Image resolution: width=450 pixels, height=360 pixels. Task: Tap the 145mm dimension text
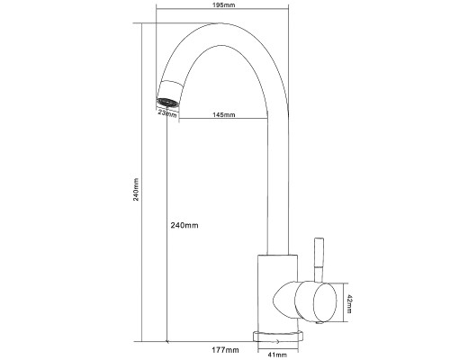point(224,115)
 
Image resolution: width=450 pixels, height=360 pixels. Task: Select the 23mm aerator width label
point(167,113)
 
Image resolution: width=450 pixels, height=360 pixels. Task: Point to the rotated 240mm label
point(136,189)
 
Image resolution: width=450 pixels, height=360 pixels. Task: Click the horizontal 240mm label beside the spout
point(184,225)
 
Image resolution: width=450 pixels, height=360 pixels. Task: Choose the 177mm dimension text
point(225,350)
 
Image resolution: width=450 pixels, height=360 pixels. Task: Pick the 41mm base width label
point(276,355)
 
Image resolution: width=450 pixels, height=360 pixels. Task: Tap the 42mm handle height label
point(349,303)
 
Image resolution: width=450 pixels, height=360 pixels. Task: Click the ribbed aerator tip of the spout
point(168,103)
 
